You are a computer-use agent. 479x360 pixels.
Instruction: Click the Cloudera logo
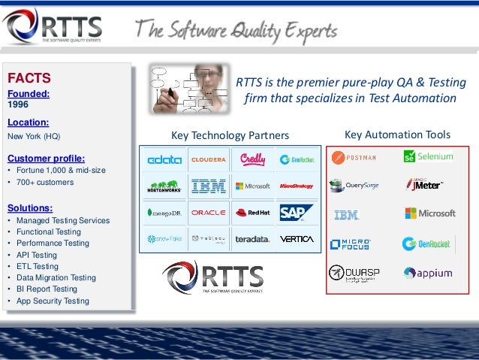pos(208,159)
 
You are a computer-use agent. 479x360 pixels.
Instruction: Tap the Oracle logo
pos(208,213)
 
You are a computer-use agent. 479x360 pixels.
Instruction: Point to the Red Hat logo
pos(252,213)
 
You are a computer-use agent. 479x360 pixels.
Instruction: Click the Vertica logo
pos(296,239)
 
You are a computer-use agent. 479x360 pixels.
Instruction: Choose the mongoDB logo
pos(164,213)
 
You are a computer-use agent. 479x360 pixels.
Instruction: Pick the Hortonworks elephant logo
pos(164,186)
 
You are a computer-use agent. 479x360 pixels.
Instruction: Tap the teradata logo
pos(252,239)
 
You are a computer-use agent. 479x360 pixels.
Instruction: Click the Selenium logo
pos(428,156)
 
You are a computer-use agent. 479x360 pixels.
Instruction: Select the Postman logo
pos(354,157)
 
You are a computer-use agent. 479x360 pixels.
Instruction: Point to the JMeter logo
pos(425,184)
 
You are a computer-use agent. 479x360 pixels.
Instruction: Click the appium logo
pos(428,273)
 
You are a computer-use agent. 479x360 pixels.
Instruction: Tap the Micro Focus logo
pos(350,244)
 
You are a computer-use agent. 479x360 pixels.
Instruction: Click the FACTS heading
pos(29,77)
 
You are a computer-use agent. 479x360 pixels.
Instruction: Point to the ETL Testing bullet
pos(35,266)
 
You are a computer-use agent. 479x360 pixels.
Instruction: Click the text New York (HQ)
pos(33,137)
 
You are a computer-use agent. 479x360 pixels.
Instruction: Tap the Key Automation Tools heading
pos(397,135)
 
